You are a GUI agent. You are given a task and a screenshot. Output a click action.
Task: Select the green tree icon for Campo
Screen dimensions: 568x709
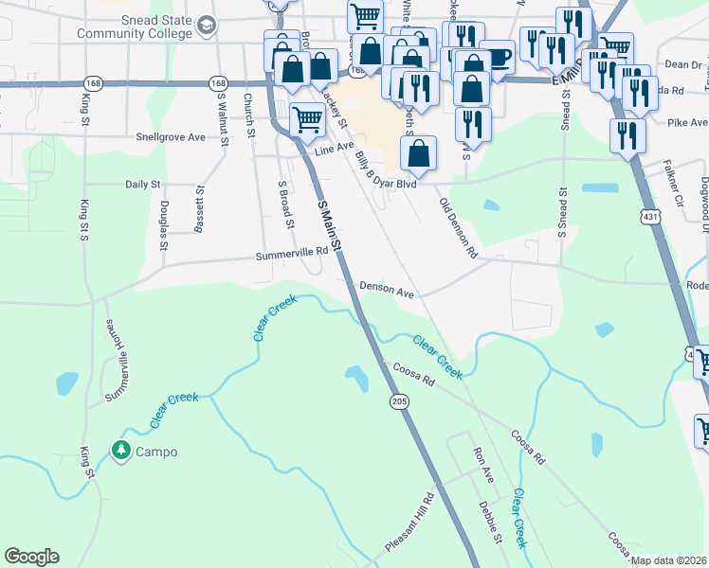pos(119,451)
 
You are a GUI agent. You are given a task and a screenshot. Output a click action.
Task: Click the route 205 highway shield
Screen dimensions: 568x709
pos(397,402)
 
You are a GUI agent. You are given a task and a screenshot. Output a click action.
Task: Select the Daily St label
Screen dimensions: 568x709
pos(144,185)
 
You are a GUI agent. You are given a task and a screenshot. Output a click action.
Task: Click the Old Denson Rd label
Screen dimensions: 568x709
pos(457,228)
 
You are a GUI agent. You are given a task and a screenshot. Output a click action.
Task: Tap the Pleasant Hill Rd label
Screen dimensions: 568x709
pos(409,524)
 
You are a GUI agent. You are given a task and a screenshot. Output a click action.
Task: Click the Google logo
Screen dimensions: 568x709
pos(31,557)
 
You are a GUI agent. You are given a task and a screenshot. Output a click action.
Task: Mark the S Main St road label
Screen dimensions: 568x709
pos(329,224)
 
